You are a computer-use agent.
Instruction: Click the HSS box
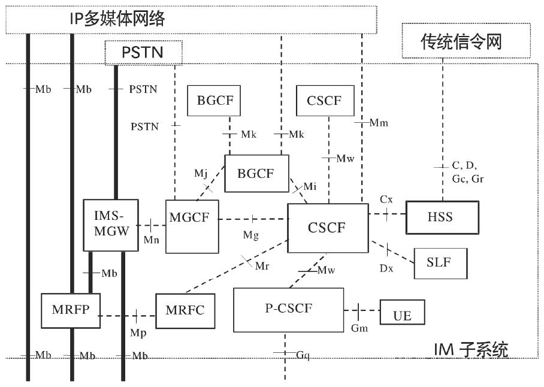coord(442,217)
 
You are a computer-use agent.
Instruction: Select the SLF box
coord(440,263)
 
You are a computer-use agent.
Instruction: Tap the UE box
coord(403,312)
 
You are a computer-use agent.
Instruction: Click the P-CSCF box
coord(289,310)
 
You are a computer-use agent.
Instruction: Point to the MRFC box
coord(185,311)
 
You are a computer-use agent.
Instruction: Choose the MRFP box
coord(71,311)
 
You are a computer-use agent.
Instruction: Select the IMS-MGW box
coord(111,225)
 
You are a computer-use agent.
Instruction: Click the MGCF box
coord(192,226)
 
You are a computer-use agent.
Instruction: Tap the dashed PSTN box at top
coord(144,53)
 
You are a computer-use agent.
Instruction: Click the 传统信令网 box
coord(466,41)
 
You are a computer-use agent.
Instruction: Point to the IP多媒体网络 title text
coord(117,19)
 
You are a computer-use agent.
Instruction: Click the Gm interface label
coord(359,328)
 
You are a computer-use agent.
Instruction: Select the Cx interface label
coord(386,199)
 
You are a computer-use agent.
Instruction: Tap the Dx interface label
coord(386,268)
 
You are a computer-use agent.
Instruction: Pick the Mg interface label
coord(251,235)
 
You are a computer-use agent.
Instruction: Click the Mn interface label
coord(151,240)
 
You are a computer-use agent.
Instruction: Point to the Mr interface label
coord(262,266)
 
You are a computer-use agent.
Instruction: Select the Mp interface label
coord(138,333)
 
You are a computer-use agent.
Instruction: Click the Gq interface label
coord(303,355)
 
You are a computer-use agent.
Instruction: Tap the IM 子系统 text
coord(471,349)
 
